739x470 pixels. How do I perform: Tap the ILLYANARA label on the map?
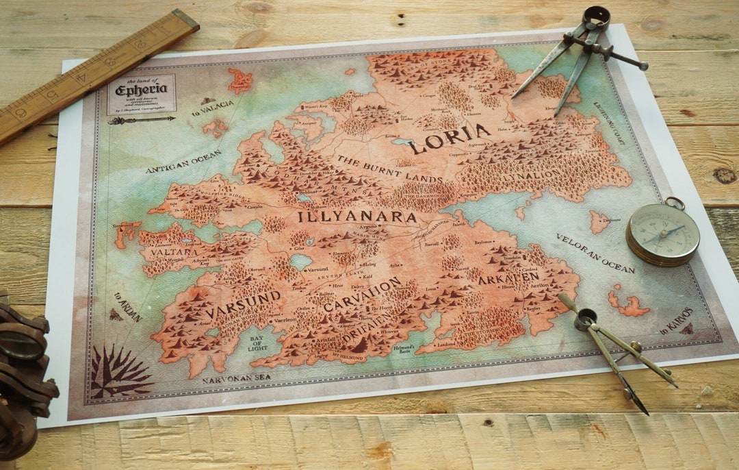tap(356, 217)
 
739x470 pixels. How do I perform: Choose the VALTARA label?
tap(165, 252)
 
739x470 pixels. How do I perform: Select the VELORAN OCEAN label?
tap(595, 253)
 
